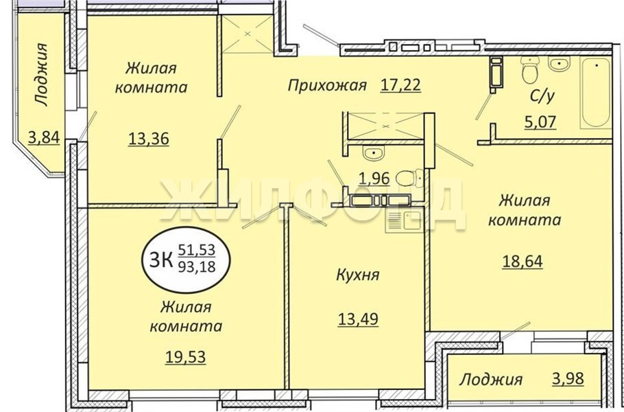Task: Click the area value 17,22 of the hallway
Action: [x=400, y=85]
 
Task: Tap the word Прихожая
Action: [x=326, y=85]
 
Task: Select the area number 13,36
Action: [x=148, y=139]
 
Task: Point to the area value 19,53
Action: [x=185, y=357]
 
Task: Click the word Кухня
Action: [x=358, y=275]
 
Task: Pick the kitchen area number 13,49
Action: [x=358, y=319]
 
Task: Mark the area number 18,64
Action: [x=522, y=262]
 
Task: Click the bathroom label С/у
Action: [x=542, y=96]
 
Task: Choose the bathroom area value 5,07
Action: [x=540, y=122]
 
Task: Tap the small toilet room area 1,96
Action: [x=374, y=179]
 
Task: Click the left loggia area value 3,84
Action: [x=44, y=137]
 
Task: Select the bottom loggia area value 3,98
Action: [x=568, y=378]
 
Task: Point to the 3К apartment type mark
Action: [x=160, y=260]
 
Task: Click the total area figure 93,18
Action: [x=197, y=266]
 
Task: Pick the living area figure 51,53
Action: [x=197, y=250]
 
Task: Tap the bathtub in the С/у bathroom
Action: [x=595, y=93]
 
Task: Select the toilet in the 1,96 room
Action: [x=409, y=177]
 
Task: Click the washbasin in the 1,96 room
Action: [x=373, y=152]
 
